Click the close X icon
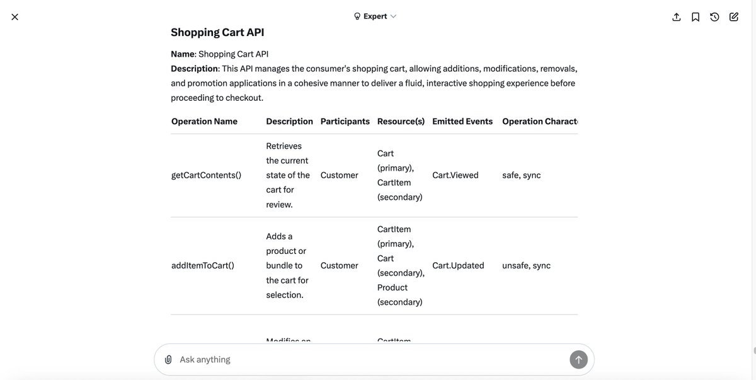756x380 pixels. (x=14, y=17)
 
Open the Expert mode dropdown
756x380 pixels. (x=375, y=16)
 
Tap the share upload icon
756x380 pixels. (x=677, y=17)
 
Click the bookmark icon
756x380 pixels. (x=696, y=17)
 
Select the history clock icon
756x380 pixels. (x=714, y=17)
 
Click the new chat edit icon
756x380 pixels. (x=734, y=17)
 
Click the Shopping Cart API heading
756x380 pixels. (x=217, y=32)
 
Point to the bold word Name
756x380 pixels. (x=182, y=54)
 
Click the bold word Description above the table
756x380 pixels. (x=194, y=69)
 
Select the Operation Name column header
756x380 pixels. (x=204, y=122)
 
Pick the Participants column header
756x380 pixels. (x=345, y=122)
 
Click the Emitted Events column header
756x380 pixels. (x=462, y=122)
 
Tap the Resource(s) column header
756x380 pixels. (x=401, y=122)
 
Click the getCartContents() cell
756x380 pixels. (x=206, y=175)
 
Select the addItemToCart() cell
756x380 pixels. (x=203, y=266)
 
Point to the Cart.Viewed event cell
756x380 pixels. (x=455, y=175)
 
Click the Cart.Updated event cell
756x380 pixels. (x=458, y=266)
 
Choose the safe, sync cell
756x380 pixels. (x=521, y=175)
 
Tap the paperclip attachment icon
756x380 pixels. (x=168, y=360)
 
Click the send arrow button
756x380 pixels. (x=578, y=360)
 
